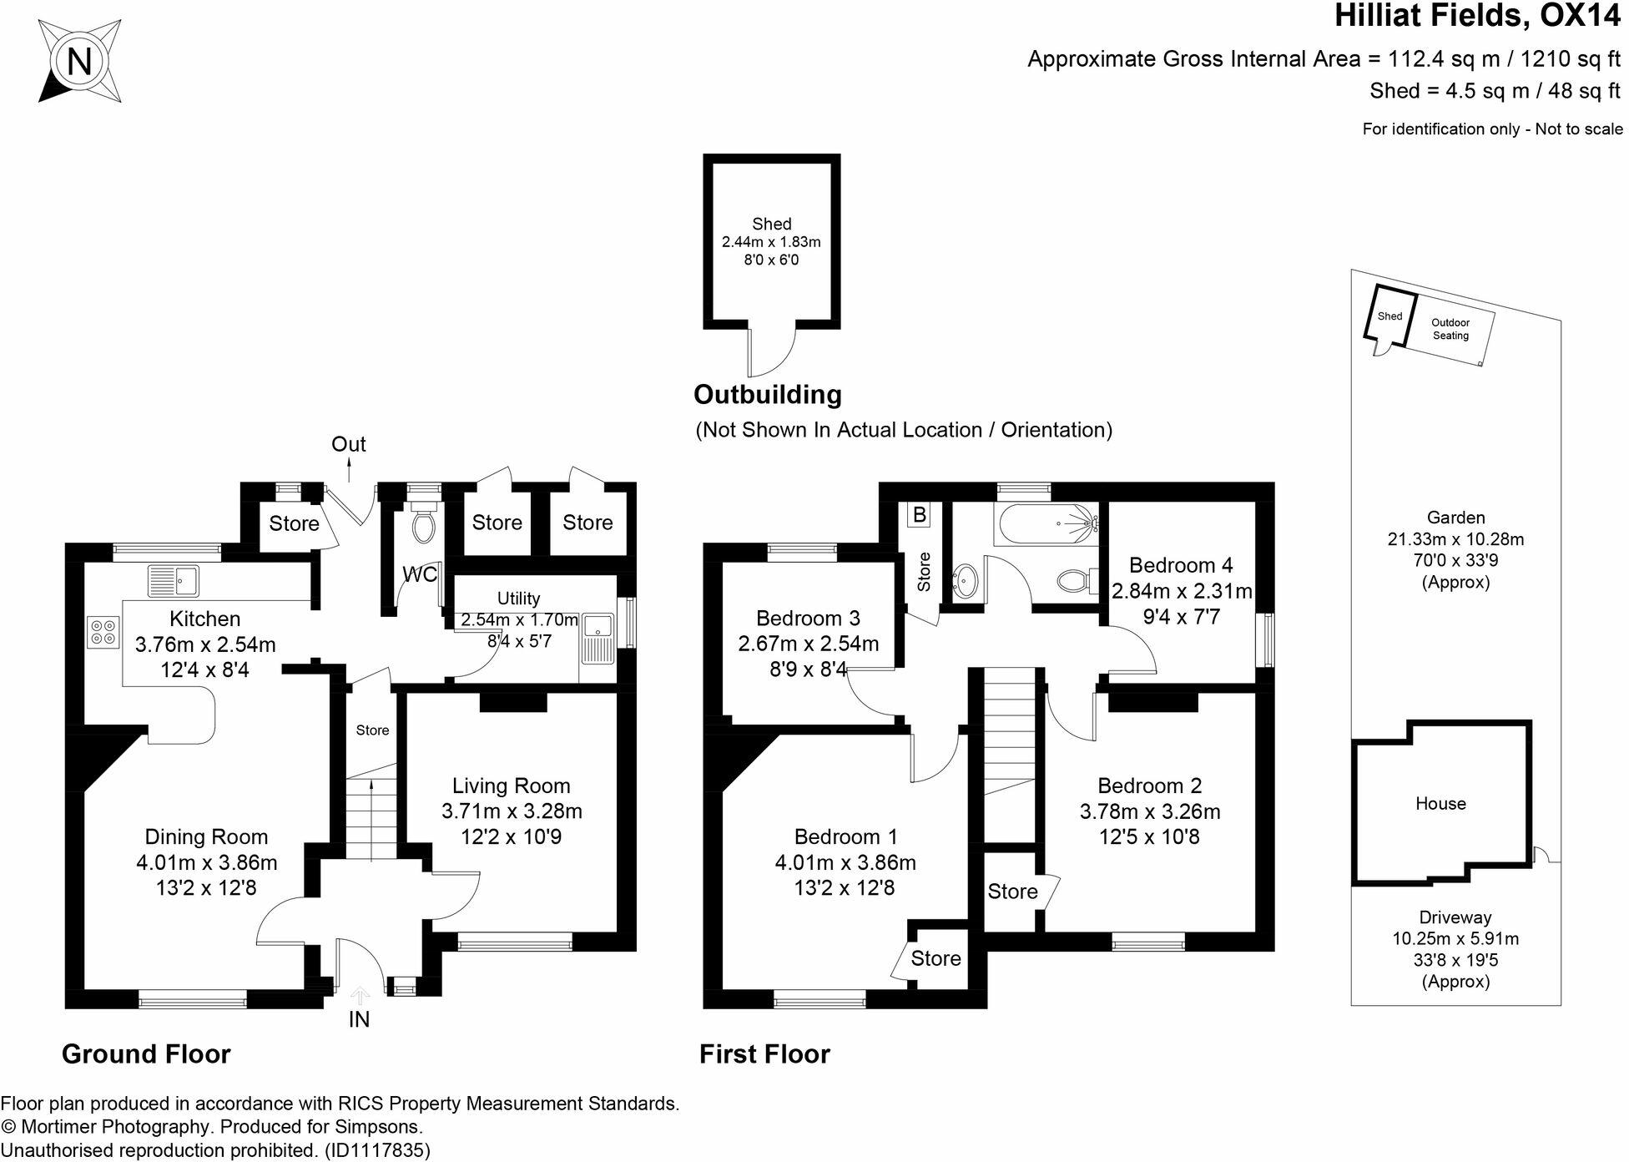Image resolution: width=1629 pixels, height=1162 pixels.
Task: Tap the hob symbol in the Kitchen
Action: click(x=103, y=631)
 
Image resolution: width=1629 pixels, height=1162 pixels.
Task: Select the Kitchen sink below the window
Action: click(x=174, y=580)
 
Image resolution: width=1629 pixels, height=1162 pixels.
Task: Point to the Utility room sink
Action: click(x=598, y=639)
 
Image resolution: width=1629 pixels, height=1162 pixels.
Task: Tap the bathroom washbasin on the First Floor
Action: click(x=965, y=579)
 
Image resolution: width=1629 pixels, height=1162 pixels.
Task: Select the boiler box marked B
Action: click(x=920, y=514)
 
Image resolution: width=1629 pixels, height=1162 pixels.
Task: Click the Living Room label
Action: click(x=511, y=786)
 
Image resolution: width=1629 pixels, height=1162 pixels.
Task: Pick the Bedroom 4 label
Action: click(x=1180, y=565)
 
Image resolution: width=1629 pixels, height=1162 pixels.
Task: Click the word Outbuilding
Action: click(x=767, y=394)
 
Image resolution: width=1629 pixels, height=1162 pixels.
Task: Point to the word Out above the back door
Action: click(x=349, y=444)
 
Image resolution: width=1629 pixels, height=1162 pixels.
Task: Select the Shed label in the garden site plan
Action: click(x=1389, y=316)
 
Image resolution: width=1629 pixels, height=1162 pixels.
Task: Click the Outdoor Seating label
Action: click(x=1450, y=329)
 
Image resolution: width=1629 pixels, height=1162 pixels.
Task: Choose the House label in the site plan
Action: click(x=1440, y=803)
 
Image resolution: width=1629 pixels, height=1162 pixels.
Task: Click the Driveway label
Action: click(x=1455, y=917)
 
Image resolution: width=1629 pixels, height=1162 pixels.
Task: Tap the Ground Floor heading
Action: click(x=146, y=1054)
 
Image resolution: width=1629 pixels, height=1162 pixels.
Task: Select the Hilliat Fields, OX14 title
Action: click(x=1477, y=16)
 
